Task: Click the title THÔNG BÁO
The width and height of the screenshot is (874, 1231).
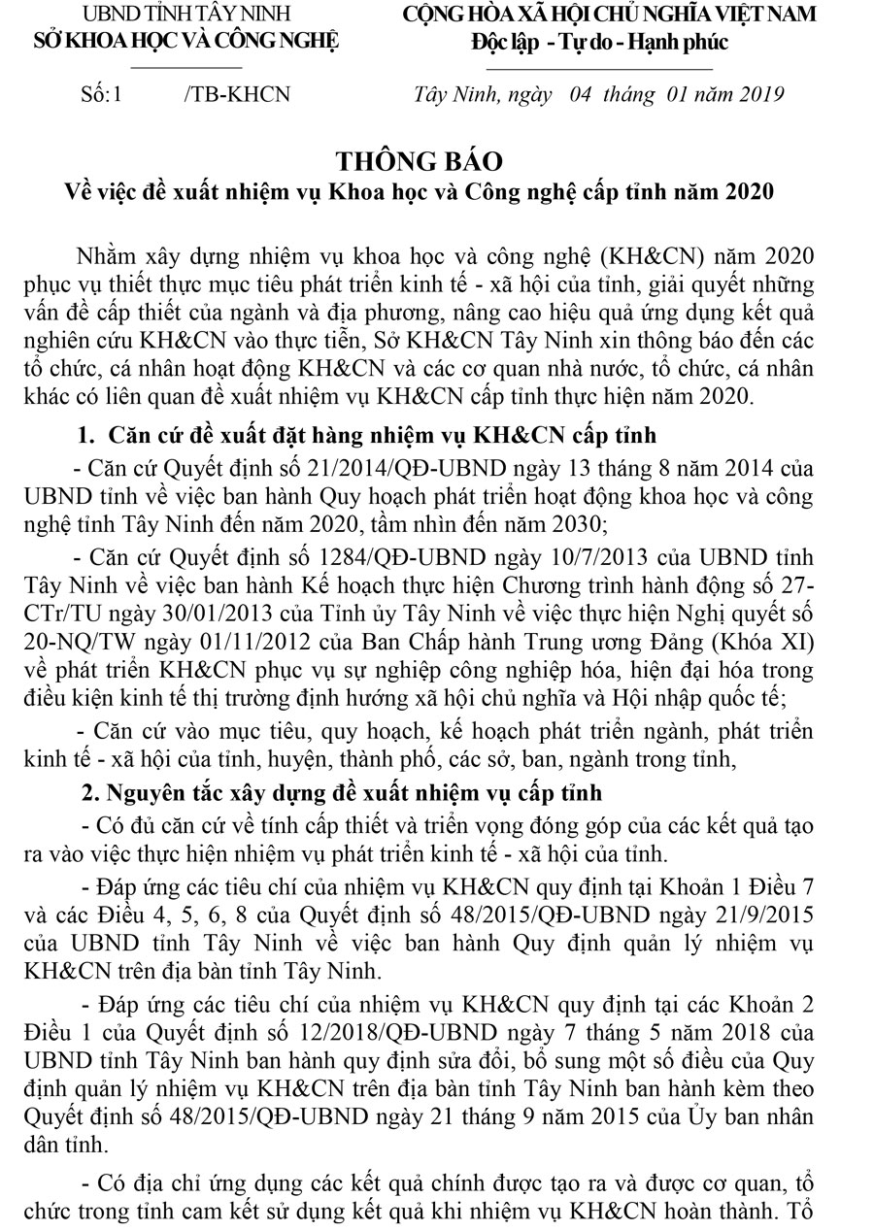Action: click(435, 158)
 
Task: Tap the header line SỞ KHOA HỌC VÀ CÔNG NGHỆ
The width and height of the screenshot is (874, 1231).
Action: click(185, 42)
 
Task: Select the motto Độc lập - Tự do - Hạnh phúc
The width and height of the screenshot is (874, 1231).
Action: click(599, 42)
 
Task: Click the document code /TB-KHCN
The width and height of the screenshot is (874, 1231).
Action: click(236, 94)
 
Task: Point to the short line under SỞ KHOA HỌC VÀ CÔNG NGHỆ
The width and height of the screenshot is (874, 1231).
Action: click(185, 67)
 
